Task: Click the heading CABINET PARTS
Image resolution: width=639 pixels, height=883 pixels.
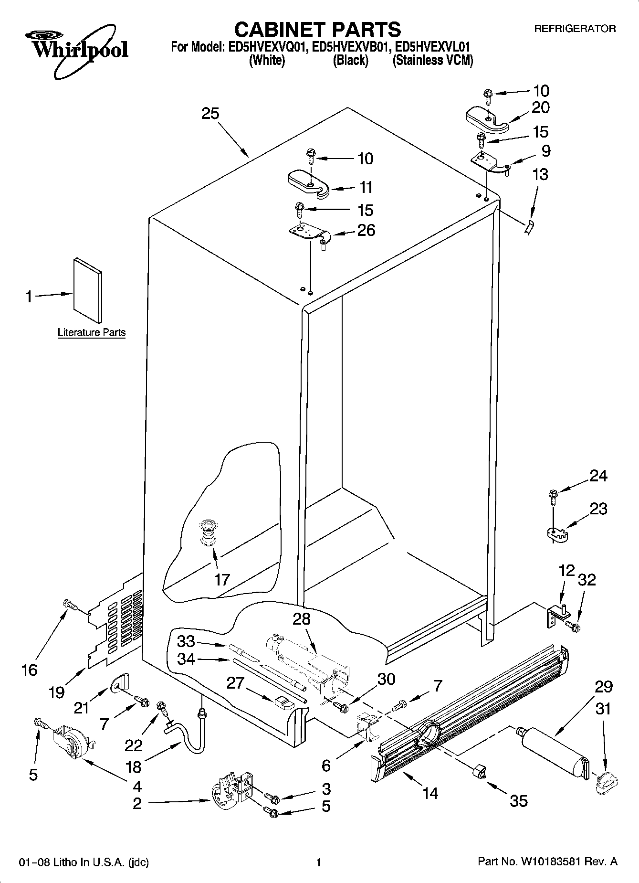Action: (x=317, y=30)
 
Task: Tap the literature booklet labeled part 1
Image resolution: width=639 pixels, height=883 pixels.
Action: (x=87, y=290)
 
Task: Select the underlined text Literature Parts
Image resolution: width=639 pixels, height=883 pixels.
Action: (x=92, y=332)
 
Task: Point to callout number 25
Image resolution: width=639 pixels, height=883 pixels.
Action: (x=210, y=114)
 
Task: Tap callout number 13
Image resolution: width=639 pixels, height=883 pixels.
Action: (x=540, y=175)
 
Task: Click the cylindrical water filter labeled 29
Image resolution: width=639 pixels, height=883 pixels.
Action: (x=554, y=751)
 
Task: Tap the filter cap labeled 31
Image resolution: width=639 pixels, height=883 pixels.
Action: (x=607, y=782)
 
